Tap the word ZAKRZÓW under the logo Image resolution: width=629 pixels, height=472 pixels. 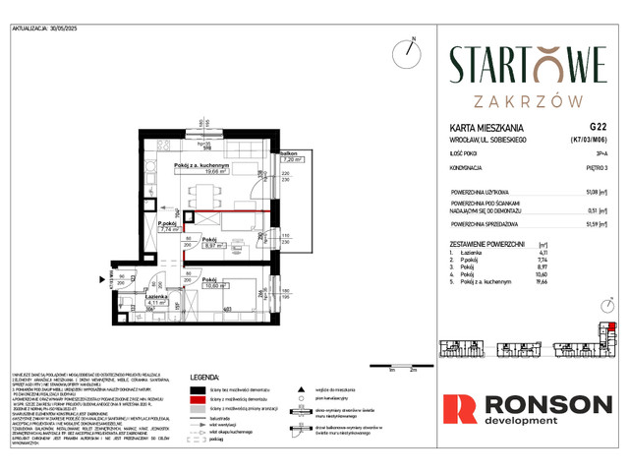[x=529, y=99]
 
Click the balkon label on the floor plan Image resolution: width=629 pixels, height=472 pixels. [x=288, y=154]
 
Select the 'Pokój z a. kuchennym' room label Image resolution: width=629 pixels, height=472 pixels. [x=202, y=166]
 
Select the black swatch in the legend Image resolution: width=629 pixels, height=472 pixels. [x=201, y=389]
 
